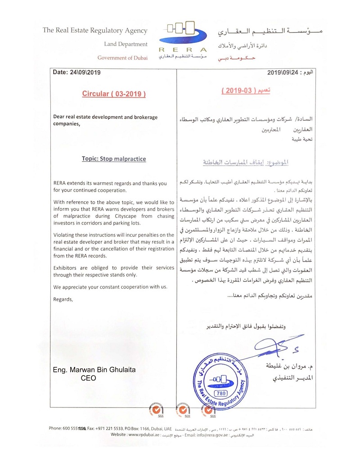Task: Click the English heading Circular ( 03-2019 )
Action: [114, 94]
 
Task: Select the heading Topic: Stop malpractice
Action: [114, 159]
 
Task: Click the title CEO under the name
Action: [88, 379]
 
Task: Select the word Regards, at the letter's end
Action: [63, 299]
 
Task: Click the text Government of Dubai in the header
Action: [122, 58]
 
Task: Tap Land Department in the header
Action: [126, 44]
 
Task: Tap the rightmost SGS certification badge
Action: [208, 410]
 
